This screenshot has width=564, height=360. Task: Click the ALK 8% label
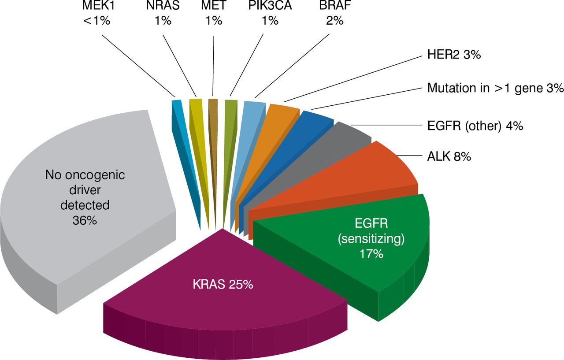coord(449,156)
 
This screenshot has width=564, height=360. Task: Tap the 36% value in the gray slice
coord(85,220)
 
